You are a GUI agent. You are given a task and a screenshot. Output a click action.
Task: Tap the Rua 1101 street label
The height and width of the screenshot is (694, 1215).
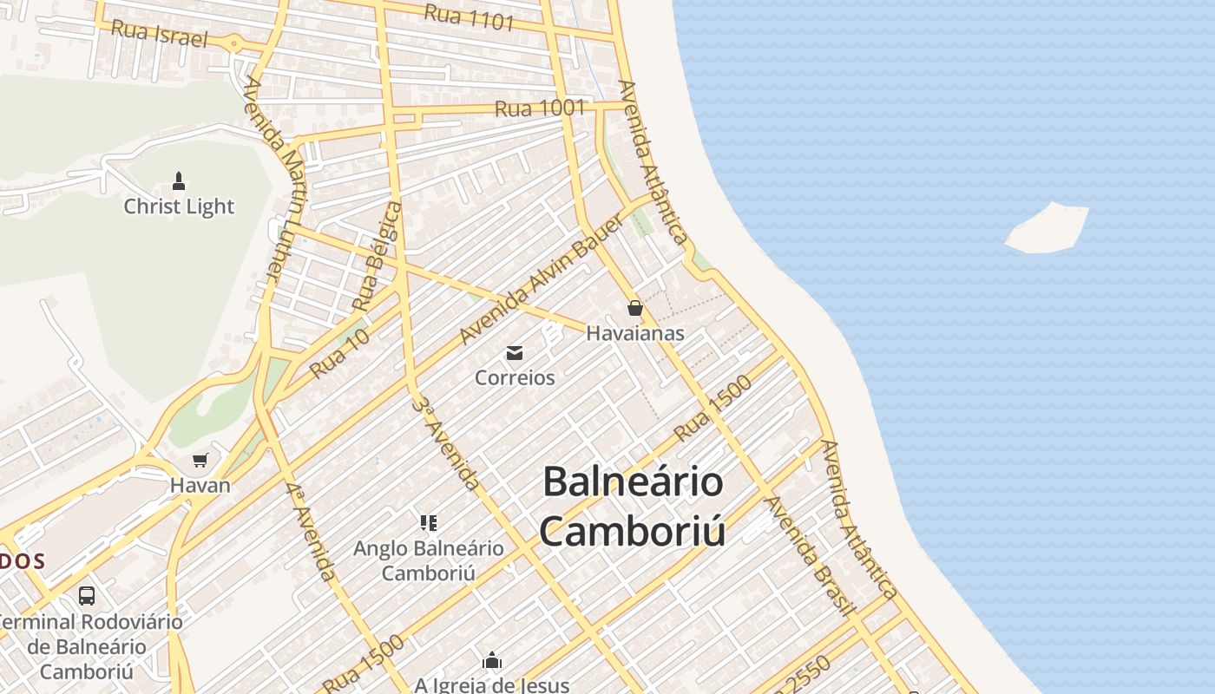pos(470,16)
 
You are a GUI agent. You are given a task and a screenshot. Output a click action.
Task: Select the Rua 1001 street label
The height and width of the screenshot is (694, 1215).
pos(540,108)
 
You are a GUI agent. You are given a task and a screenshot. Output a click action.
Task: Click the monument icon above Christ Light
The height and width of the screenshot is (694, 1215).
pos(179,181)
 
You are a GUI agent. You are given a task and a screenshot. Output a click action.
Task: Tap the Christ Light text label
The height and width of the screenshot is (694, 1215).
pos(179,206)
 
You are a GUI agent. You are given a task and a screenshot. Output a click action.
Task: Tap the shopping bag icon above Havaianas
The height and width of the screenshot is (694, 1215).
pos(635,308)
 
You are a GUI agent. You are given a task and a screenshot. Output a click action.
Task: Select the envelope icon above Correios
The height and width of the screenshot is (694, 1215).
pos(515,352)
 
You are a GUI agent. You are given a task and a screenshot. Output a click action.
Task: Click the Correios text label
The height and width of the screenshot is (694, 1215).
pos(515,378)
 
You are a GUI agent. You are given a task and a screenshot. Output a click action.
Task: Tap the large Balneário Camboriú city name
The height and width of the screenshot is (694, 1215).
pos(633,507)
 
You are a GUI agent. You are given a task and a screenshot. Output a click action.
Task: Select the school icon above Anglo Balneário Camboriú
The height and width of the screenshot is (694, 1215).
pos(429,522)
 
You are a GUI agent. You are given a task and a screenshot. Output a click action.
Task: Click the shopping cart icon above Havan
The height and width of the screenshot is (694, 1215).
pos(200,460)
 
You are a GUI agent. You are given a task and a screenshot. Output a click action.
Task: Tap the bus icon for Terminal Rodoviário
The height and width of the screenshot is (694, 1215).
pos(87,596)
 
